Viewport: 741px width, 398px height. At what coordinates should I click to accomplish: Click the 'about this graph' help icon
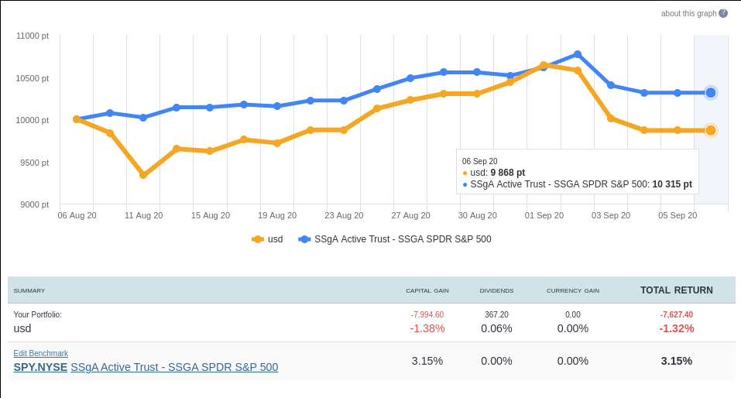(723, 13)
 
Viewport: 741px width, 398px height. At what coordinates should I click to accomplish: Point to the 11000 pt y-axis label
(32, 36)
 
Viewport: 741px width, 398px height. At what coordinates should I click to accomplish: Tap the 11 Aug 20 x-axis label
(143, 215)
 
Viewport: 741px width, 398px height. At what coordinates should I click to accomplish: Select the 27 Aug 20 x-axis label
(410, 215)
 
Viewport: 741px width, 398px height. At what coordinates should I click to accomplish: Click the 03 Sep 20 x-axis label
(611, 215)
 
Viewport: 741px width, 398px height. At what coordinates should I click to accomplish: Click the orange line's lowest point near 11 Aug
(143, 175)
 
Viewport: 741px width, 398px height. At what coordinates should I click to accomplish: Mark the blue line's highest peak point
(578, 54)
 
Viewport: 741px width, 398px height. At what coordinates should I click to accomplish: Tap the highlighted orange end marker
(711, 130)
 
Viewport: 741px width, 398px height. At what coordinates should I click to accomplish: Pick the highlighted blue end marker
(711, 93)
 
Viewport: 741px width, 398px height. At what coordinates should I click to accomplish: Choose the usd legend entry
(268, 239)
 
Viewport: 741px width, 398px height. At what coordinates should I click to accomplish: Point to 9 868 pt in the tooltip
(507, 173)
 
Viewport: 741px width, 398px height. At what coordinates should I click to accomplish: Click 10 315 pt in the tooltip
(671, 185)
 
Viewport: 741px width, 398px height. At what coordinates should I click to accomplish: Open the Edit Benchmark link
(40, 353)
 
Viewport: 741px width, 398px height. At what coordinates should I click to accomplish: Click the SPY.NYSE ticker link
(40, 367)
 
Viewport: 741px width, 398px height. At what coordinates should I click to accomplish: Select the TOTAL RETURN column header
(676, 290)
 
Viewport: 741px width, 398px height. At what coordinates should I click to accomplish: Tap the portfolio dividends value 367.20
(496, 314)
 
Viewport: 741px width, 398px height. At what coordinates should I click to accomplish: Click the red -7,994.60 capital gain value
(427, 314)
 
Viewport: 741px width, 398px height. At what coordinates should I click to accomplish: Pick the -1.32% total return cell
(676, 328)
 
